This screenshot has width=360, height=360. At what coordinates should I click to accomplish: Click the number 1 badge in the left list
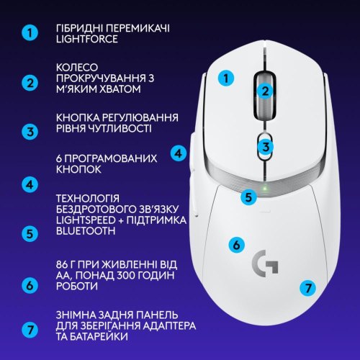tap(30, 33)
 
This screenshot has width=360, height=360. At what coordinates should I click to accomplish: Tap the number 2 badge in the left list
tap(30, 82)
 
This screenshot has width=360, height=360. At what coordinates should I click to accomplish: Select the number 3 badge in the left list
tap(30, 132)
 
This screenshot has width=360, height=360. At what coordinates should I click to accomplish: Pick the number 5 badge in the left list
tap(30, 233)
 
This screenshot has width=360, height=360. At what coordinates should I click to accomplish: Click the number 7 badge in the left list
tap(30, 330)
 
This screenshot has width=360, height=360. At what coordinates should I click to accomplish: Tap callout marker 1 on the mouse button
tap(227, 78)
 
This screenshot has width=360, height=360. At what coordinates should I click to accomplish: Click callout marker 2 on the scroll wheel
tap(265, 91)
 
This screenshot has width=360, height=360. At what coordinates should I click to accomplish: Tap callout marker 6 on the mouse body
tap(235, 244)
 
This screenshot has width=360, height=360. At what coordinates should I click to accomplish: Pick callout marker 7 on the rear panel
tap(307, 287)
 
